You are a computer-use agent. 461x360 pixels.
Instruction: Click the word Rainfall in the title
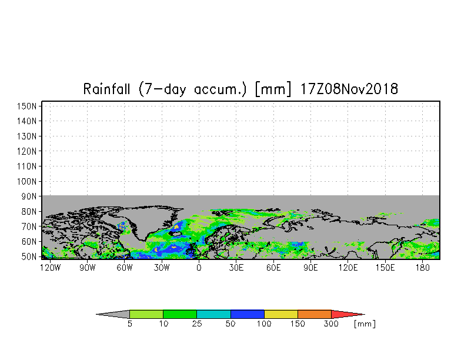pyautogui.click(x=108, y=89)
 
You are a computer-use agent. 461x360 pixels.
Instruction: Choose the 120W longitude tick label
pyautogui.click(x=49, y=268)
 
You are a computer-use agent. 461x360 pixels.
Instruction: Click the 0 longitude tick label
pyautogui.click(x=199, y=268)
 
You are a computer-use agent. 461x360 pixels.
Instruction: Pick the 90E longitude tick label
pyautogui.click(x=310, y=268)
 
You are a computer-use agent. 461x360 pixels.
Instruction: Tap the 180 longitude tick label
pyautogui.click(x=422, y=268)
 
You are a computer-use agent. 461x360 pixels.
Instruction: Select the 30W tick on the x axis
pyautogui.click(x=161, y=268)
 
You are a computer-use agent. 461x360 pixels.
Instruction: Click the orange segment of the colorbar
pyautogui.click(x=315, y=314)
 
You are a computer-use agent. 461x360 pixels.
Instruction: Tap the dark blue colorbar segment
pyautogui.click(x=248, y=314)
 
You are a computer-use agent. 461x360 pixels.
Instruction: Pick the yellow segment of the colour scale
pyautogui.click(x=281, y=314)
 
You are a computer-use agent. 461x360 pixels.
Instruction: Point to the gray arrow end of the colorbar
pyautogui.click(x=113, y=314)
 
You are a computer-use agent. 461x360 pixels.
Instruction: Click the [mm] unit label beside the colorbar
pyautogui.click(x=365, y=324)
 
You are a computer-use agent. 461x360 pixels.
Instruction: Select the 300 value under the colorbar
pyautogui.click(x=332, y=324)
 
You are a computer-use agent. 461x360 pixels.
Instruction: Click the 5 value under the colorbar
pyautogui.click(x=129, y=324)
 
